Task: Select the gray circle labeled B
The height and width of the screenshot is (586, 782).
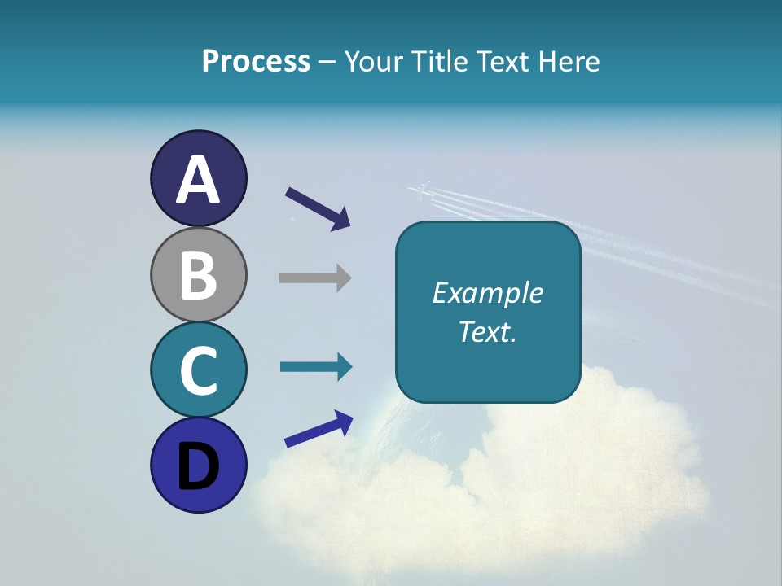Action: [198, 274]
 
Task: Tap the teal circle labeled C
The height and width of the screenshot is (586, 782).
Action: [198, 370]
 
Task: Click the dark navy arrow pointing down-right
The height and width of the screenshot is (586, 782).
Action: [319, 208]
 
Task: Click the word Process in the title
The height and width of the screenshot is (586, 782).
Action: [256, 62]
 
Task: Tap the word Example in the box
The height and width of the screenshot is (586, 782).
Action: [487, 293]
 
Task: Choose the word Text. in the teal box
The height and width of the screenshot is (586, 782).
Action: [487, 332]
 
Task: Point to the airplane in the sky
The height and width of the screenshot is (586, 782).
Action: [420, 192]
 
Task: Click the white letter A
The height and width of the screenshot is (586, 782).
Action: [198, 181]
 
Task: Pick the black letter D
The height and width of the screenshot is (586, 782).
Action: [198, 467]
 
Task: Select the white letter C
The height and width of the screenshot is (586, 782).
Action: [198, 370]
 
